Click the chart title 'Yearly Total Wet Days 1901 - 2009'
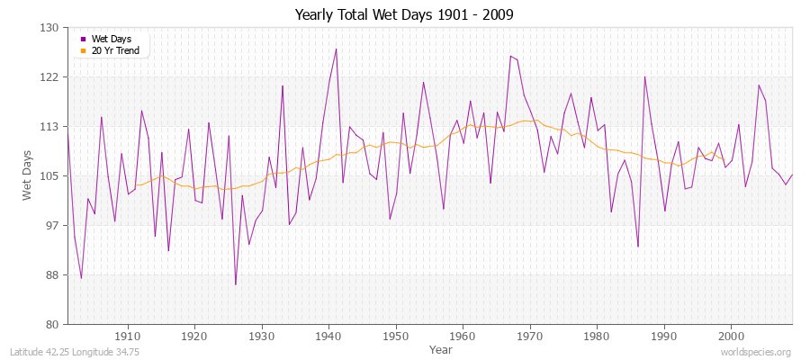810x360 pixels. tap(404, 15)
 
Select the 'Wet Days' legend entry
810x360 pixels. tap(111, 39)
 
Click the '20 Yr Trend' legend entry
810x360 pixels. tap(115, 50)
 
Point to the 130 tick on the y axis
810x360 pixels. tap(49, 28)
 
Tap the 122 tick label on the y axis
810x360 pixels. tap(49, 77)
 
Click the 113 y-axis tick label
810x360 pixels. tap(49, 127)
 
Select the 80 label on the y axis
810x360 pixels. tap(52, 324)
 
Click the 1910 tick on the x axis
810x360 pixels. tap(128, 335)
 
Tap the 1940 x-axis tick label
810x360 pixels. tap(328, 335)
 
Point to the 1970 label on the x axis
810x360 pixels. tap(530, 335)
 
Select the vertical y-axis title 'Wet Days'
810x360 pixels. tap(27, 175)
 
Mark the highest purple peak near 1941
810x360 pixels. tap(336, 49)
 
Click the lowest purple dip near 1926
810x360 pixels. tap(236, 284)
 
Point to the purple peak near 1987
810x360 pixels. tap(644, 76)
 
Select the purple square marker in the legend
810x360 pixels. tap(84, 39)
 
